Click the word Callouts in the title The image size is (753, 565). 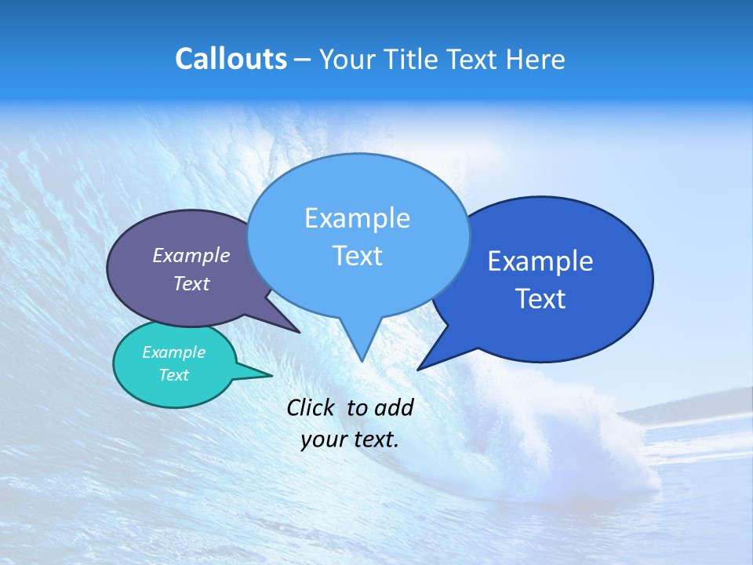(x=231, y=59)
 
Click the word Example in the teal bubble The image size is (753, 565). (x=173, y=352)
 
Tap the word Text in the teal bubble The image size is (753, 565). (x=173, y=375)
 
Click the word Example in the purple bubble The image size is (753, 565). (x=191, y=256)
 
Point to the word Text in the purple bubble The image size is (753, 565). (x=191, y=284)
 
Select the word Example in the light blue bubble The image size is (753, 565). (x=357, y=218)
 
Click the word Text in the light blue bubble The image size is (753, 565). (x=357, y=256)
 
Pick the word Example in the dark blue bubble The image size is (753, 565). (x=540, y=261)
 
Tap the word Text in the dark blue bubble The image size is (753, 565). (x=540, y=299)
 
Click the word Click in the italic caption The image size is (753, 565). (x=311, y=407)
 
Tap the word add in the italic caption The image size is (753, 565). (x=395, y=407)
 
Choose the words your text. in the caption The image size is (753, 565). (x=350, y=439)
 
